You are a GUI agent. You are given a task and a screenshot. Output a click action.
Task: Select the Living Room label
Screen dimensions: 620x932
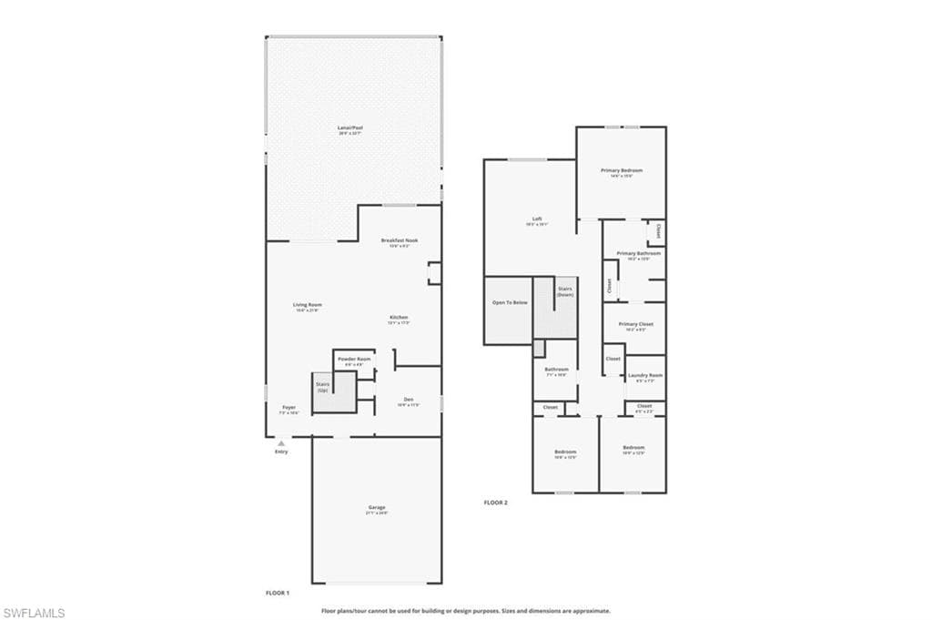(x=308, y=306)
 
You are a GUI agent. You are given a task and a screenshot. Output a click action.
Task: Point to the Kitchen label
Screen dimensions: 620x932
(x=399, y=318)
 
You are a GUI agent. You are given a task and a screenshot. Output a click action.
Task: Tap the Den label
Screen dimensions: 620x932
(x=409, y=400)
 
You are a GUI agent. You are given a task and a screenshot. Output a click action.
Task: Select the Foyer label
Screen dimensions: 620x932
(x=289, y=408)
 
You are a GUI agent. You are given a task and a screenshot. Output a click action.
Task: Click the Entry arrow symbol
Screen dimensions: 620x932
(x=281, y=442)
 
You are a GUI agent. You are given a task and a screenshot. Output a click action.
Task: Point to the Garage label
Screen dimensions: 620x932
(x=377, y=508)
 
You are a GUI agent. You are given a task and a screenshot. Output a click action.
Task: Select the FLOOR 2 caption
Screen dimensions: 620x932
(x=495, y=503)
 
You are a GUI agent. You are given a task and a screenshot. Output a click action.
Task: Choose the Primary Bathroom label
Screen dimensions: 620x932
(x=638, y=254)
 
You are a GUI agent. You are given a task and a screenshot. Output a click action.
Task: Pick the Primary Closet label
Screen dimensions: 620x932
(x=635, y=324)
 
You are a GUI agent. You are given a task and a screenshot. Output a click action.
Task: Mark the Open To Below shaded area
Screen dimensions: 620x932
(x=509, y=310)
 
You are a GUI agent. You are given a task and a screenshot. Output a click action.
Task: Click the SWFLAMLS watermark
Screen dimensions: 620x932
(x=35, y=613)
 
